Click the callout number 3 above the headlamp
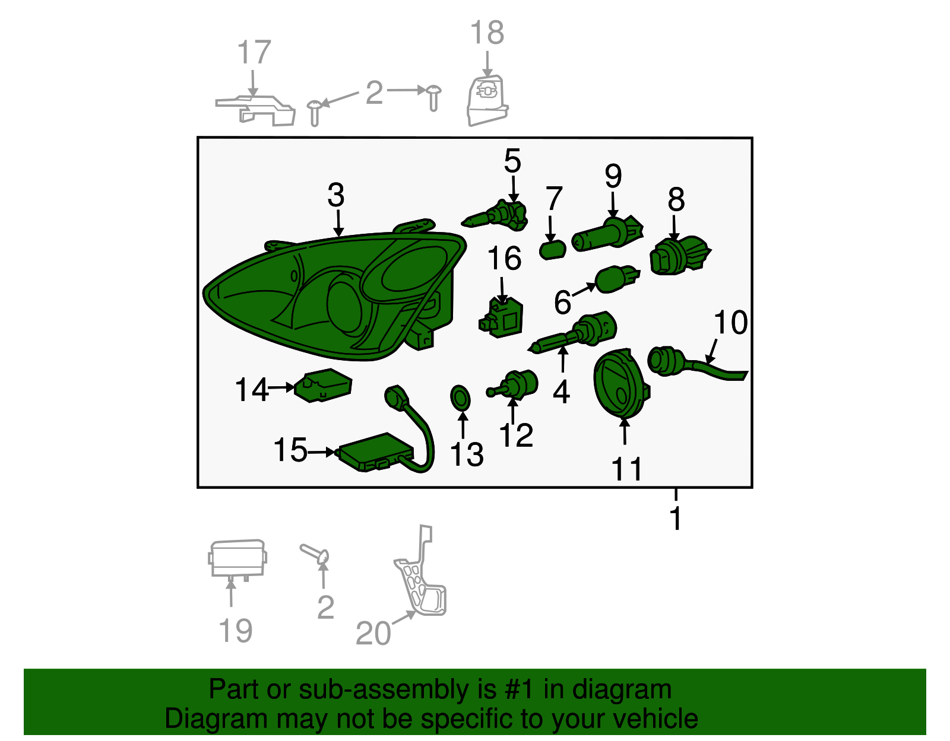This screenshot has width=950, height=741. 335,195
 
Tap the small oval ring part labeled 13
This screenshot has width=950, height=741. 460,398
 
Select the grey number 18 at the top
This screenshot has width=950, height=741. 487,33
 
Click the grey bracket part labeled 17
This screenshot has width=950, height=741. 255,110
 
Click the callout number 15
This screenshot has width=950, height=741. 290,450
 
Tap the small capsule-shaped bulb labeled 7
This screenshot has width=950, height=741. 553,250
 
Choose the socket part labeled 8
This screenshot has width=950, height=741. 679,256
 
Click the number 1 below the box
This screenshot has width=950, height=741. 676,519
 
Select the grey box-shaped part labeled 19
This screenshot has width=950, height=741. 237,560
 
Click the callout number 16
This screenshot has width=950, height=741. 504,258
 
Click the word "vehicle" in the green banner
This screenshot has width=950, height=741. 655,718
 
